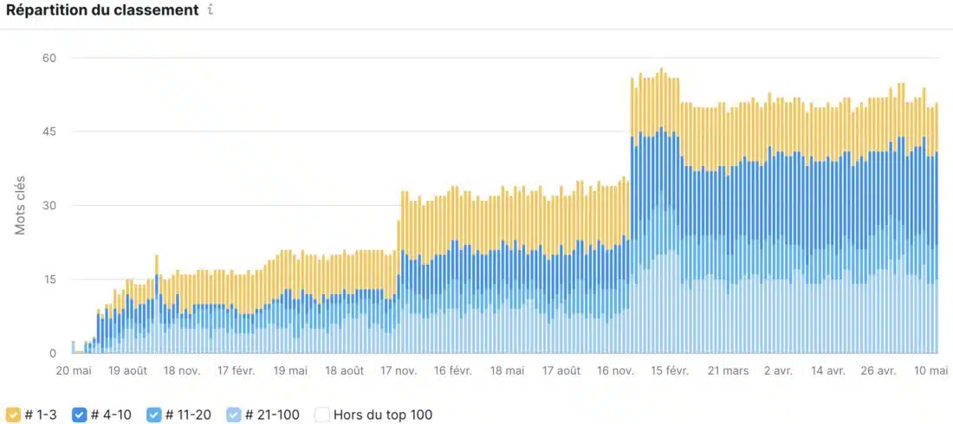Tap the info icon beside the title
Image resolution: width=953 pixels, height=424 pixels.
pyautogui.click(x=211, y=11)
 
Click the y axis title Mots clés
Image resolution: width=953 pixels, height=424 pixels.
pyautogui.click(x=20, y=206)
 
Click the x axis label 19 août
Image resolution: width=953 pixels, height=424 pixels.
pyautogui.click(x=127, y=370)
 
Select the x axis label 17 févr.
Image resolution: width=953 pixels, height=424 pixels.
pyautogui.click(x=236, y=370)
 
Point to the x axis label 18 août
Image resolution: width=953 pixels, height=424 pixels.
pyautogui.click(x=344, y=370)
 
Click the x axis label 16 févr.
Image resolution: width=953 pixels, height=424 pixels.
pyautogui.click(x=452, y=370)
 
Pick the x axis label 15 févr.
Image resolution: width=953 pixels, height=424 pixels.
pyautogui.click(x=669, y=370)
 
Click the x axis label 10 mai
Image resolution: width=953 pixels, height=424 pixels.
pyautogui.click(x=931, y=370)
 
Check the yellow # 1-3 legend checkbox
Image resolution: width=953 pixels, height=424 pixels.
pyautogui.click(x=13, y=414)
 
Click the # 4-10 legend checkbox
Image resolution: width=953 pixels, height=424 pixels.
pyautogui.click(x=79, y=414)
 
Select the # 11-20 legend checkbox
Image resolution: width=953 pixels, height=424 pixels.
pyautogui.click(x=154, y=414)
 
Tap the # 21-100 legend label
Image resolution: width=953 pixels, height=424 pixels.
pyautogui.click(x=272, y=414)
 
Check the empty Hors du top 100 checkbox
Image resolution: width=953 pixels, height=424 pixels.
pyautogui.click(x=321, y=414)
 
